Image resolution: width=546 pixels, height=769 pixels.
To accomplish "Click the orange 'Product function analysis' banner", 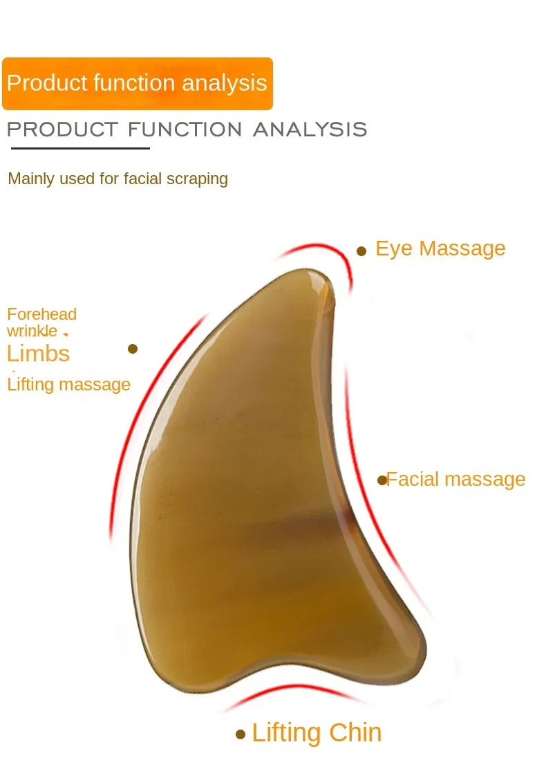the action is click(137, 84).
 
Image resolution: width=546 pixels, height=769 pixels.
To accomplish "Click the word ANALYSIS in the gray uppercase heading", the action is click(310, 129).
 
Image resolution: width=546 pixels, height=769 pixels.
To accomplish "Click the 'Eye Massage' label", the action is click(440, 248).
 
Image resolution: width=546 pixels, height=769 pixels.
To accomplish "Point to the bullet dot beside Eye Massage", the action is click(361, 251).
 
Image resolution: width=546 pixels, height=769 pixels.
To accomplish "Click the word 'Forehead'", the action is click(41, 314).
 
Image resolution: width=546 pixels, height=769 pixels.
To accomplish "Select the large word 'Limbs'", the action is click(38, 353).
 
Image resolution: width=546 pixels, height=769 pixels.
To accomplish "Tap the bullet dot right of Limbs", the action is click(133, 349).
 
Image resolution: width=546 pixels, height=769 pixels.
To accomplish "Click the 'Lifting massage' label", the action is click(68, 384).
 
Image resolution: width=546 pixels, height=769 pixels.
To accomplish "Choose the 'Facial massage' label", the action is click(456, 479).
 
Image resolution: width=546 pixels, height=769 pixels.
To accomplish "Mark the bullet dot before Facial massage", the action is click(382, 480).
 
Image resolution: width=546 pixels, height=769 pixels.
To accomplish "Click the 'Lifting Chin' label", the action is click(317, 733).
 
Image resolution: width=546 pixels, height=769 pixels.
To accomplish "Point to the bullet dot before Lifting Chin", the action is click(241, 734).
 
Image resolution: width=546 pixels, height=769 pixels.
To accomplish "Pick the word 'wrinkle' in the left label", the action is click(32, 332).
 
